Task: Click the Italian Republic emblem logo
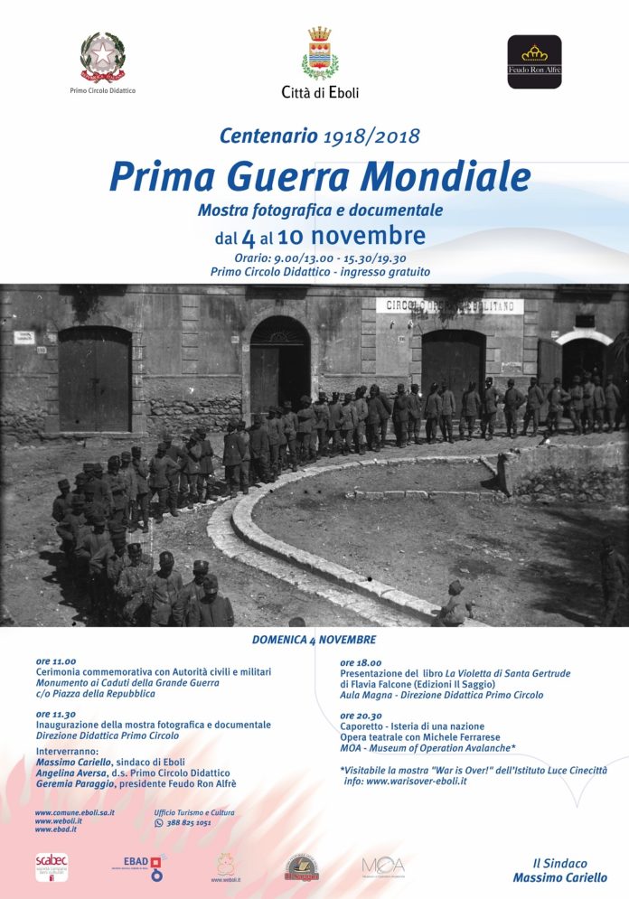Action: [102, 56]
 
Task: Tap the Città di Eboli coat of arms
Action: [319, 53]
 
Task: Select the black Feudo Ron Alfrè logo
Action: [534, 61]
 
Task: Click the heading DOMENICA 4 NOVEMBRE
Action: [313, 640]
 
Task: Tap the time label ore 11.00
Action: [55, 661]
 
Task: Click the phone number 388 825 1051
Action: [188, 823]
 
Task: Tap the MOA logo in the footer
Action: [383, 866]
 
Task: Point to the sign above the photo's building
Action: [449, 305]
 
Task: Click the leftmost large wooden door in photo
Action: [95, 379]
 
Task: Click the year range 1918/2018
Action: [371, 137]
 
